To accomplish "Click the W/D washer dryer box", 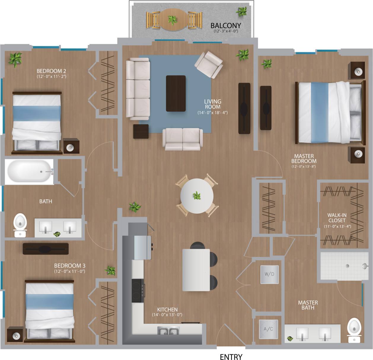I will pos(269,274).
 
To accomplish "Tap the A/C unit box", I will pos(268,329).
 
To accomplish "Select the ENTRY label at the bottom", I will pos(231,357).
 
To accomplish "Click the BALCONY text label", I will pos(226,26).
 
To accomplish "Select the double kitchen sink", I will pos(168,331).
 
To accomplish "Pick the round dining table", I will pos(197,196).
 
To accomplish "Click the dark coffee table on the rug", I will pos(176,93).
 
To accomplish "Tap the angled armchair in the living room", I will pos(209,64).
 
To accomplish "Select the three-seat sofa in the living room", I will pos(138,88).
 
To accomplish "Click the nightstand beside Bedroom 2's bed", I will pos(71,146).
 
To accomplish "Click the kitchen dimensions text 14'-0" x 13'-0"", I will pos(167,315).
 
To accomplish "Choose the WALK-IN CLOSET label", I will pos(337,218).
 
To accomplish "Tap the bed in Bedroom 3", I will pos(50,310).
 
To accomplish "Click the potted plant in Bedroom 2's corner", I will pos(15,59).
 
